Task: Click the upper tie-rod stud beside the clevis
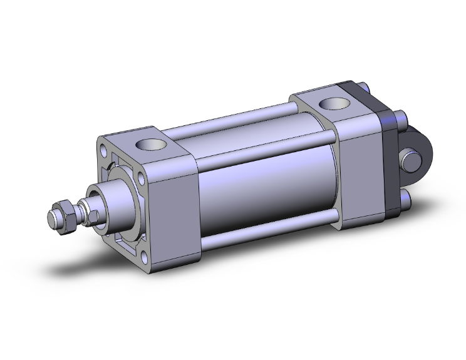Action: point(401,118)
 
